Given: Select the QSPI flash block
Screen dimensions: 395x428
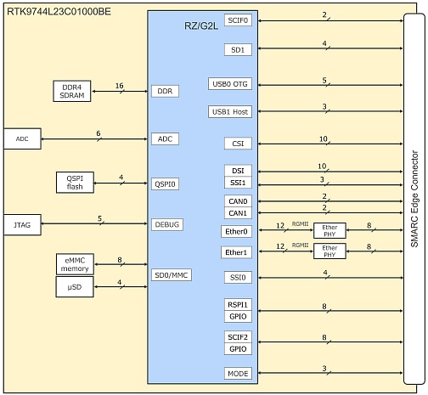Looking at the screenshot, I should pyautogui.click(x=75, y=182).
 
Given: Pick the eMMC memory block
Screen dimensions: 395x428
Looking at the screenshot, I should pyautogui.click(x=74, y=263).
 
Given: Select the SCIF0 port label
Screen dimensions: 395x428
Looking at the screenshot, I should pyautogui.click(x=239, y=19).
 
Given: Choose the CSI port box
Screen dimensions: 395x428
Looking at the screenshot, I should pyautogui.click(x=239, y=144).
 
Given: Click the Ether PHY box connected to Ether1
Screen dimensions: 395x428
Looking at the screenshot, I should pyautogui.click(x=330, y=251).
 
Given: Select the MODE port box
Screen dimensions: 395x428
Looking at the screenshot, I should pyautogui.click(x=239, y=373).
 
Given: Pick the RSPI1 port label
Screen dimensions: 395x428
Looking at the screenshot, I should pyautogui.click(x=239, y=304).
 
